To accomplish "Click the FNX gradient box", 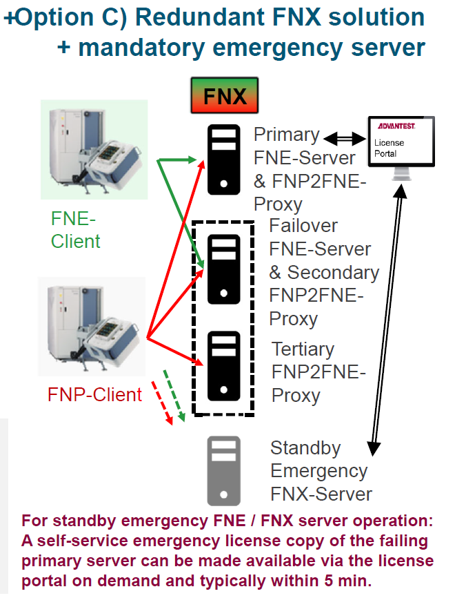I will (x=224, y=95).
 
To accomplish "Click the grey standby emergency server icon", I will (x=223, y=470).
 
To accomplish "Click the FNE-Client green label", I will (x=75, y=230).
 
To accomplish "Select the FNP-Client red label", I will (x=94, y=394).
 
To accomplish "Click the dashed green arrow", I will (x=175, y=396).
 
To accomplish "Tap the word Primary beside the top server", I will (x=287, y=135).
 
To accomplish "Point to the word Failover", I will (x=304, y=226).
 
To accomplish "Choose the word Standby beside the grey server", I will (x=305, y=448).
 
